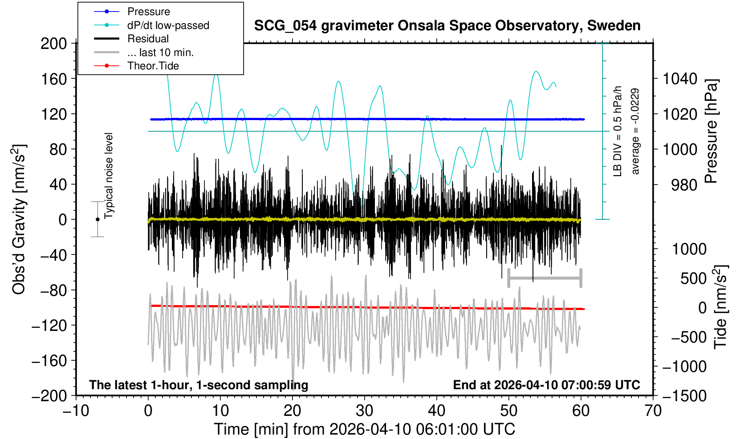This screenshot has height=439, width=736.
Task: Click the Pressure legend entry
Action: tap(148, 12)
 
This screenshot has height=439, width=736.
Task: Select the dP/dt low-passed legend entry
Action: tap(168, 25)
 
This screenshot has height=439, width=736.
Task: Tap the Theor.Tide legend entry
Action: tap(153, 66)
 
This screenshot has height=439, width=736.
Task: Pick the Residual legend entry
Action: tap(148, 39)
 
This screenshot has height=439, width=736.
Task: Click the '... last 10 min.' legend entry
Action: tap(160, 52)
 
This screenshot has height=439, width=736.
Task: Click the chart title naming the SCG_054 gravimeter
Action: tap(447, 26)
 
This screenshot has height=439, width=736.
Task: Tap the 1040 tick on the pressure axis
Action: tap(680, 79)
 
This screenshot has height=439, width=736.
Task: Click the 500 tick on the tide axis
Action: tap(693, 279)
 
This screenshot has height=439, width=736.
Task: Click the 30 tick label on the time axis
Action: tap(364, 410)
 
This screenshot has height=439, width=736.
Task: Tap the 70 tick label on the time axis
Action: tap(653, 410)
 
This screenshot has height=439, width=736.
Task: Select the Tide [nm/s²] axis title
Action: tap(720, 307)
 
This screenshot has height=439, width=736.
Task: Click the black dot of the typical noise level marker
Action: tap(98, 219)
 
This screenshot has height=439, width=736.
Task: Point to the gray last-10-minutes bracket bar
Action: tap(545, 278)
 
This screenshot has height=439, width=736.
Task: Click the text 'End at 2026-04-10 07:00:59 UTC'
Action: tap(546, 385)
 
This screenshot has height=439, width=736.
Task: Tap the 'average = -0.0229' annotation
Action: tap(635, 131)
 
